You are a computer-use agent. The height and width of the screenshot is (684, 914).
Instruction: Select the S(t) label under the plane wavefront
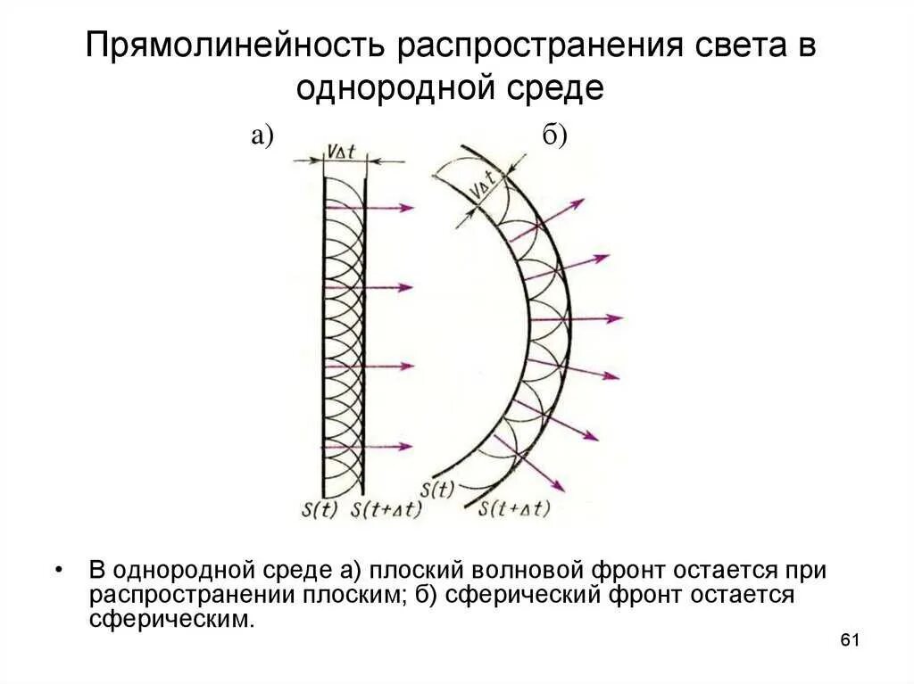(320, 509)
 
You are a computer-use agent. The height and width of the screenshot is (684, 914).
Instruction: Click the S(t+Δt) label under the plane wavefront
(386, 509)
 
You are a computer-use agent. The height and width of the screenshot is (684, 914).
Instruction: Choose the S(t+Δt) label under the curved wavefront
(514, 509)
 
